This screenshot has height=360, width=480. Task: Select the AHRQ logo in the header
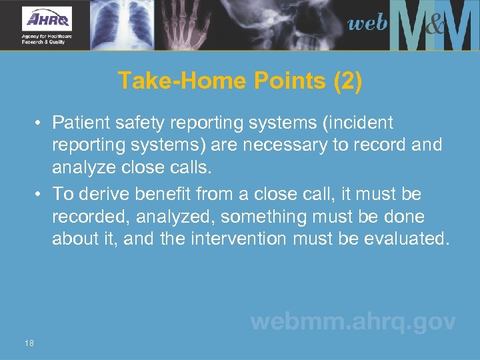coord(47,24)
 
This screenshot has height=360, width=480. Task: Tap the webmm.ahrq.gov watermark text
coord(353,322)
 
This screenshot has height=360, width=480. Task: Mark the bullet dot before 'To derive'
coord(41,195)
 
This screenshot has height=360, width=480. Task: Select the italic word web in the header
coord(367,24)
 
